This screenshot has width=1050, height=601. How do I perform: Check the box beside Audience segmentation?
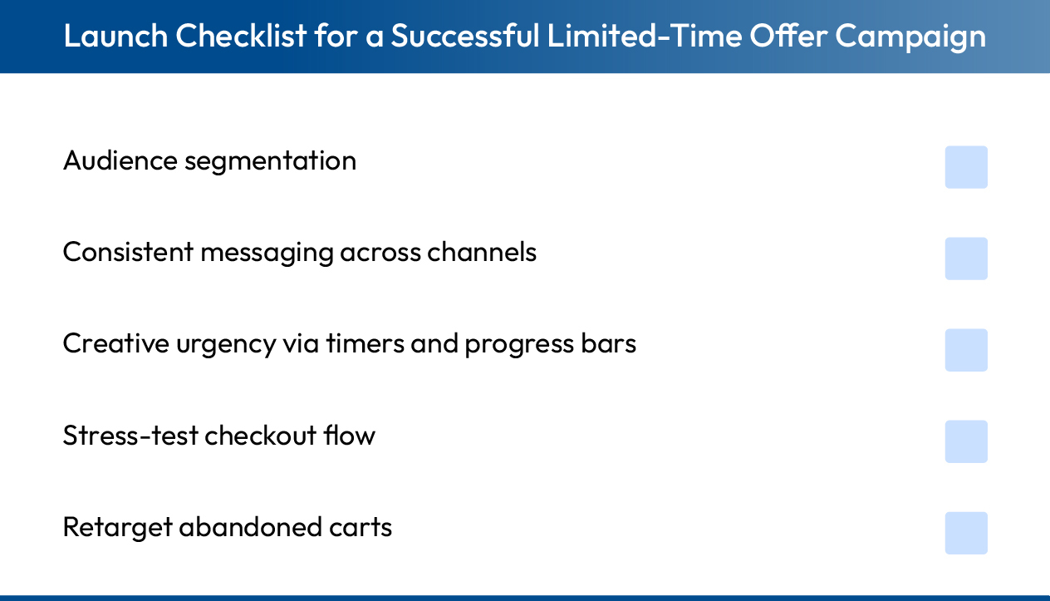[x=966, y=167]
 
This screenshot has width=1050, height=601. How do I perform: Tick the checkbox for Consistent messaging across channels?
[x=966, y=259]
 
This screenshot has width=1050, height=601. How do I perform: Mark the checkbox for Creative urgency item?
[x=966, y=350]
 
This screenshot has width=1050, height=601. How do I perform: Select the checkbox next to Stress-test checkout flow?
[x=966, y=441]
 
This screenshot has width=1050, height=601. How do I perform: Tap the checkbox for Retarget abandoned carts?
[x=966, y=533]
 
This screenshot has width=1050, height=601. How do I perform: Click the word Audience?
[x=120, y=160]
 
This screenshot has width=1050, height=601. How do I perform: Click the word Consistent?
[x=128, y=252]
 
